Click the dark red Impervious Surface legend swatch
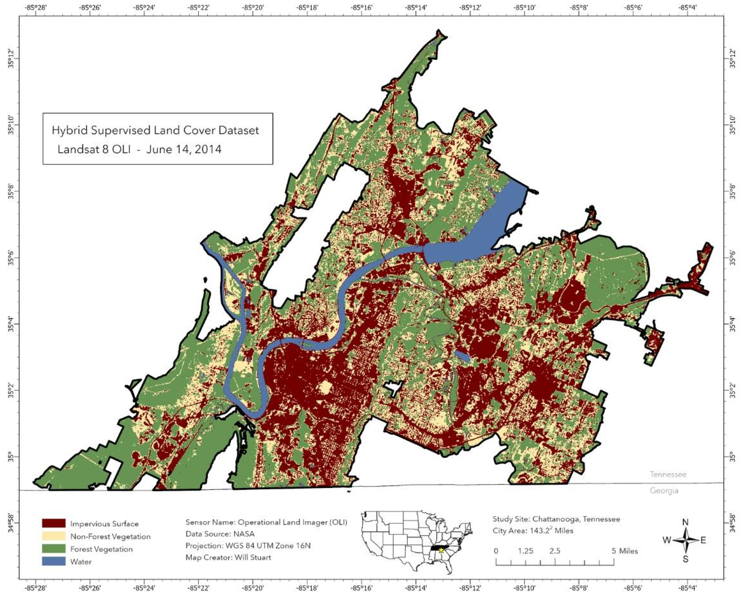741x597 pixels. click(53, 523)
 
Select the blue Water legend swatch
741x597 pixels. click(53, 561)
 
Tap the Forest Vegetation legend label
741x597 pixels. click(101, 549)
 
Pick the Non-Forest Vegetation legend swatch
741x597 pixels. click(53, 536)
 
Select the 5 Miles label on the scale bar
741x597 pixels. click(624, 551)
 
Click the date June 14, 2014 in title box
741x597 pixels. click(184, 149)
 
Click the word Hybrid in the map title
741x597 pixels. click(67, 130)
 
